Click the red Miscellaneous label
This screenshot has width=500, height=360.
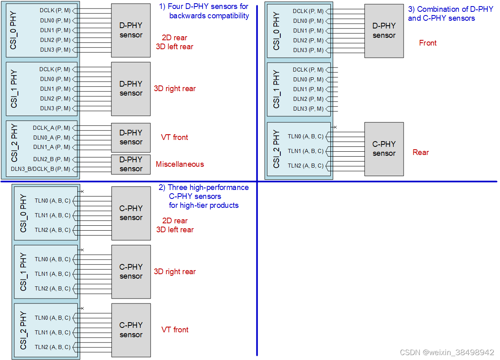(180, 164)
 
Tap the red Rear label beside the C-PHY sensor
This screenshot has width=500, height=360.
(421, 153)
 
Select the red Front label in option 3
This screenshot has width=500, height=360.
(428, 43)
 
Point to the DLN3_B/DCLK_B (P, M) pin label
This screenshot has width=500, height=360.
(40, 169)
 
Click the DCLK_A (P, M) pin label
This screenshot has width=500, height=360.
(51, 128)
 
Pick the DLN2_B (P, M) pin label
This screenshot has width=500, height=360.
(51, 159)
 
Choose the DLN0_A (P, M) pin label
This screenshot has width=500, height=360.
(51, 137)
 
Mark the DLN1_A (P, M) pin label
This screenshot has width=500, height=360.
(51, 147)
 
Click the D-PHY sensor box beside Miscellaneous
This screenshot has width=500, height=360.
(131, 164)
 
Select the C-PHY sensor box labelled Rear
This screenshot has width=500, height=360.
(384, 149)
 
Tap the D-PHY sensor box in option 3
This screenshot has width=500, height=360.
(384, 31)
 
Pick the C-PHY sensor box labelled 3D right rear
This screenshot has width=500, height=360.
(131, 272)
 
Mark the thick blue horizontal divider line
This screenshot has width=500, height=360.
(366, 181)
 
